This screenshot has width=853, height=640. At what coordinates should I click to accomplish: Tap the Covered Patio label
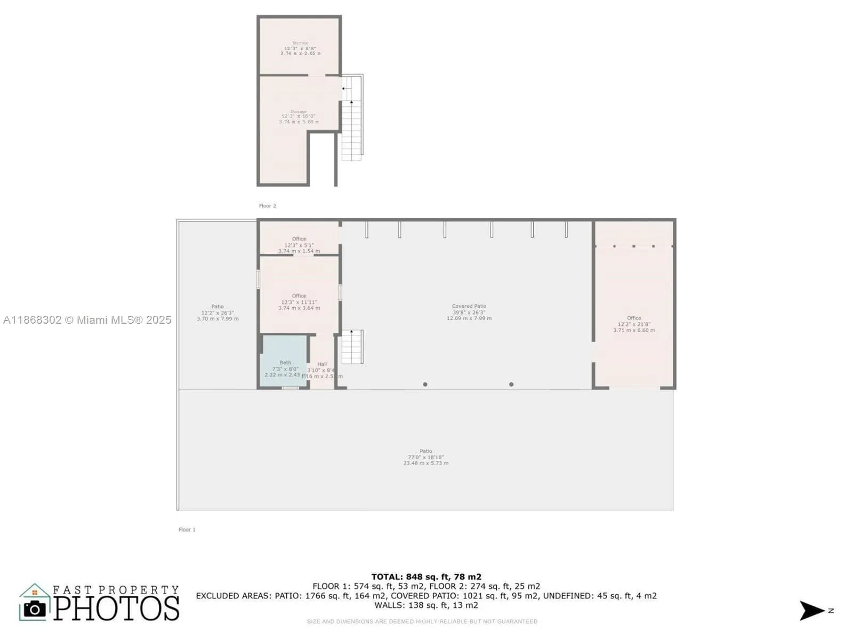(x=469, y=312)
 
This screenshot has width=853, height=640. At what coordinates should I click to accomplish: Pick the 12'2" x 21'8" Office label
(x=634, y=324)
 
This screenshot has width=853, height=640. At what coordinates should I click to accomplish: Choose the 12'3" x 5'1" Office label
(x=299, y=245)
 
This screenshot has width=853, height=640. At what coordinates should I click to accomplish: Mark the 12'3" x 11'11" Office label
(x=299, y=302)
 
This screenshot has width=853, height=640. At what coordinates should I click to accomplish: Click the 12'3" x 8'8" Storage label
(x=300, y=48)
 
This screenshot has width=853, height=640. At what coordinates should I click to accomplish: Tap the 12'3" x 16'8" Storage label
(x=299, y=117)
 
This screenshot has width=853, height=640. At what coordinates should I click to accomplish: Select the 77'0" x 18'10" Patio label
(x=425, y=457)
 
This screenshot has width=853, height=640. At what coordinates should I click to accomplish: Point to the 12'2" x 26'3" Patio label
(x=218, y=313)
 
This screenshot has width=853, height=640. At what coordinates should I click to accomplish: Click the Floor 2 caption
(x=268, y=206)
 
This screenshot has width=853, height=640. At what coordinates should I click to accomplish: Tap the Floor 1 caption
(x=187, y=530)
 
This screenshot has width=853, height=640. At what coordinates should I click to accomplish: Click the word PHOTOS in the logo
(x=116, y=609)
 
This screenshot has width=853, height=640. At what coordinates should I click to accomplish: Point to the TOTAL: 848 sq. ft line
(x=426, y=577)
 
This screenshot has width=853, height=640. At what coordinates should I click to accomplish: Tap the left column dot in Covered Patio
(x=425, y=385)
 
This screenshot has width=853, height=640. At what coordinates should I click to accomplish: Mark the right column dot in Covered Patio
(x=511, y=385)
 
